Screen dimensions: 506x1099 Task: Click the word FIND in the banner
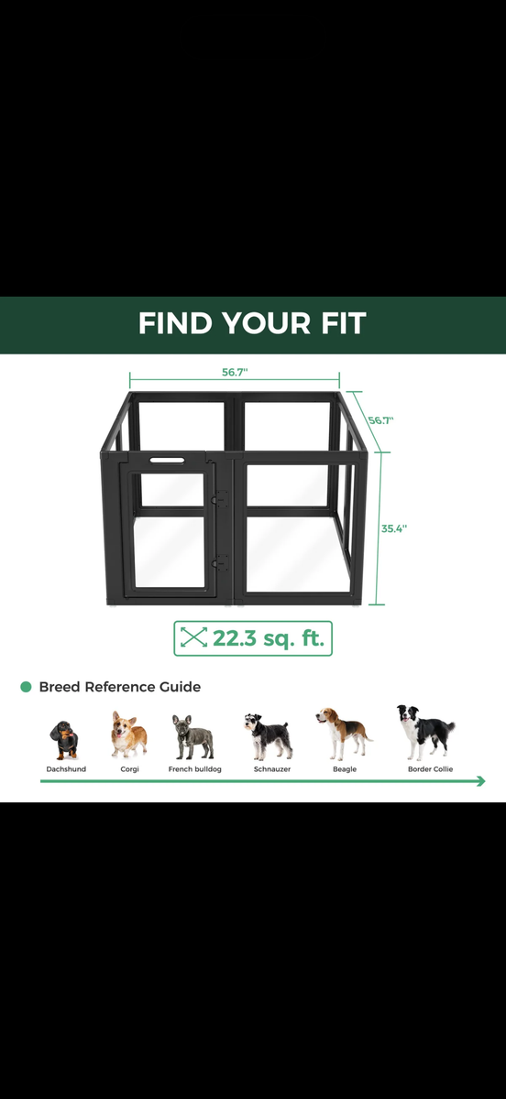[175, 322]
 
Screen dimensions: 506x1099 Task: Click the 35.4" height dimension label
[394, 528]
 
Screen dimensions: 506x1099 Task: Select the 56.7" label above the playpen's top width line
[235, 372]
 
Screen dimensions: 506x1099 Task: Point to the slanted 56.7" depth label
[381, 420]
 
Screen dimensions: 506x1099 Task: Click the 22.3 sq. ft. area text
[269, 638]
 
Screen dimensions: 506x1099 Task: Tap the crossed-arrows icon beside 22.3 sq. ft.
[193, 637]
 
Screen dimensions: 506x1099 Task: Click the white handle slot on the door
[167, 460]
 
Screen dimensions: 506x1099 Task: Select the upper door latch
[219, 497]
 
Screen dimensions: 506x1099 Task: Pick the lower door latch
[219, 562]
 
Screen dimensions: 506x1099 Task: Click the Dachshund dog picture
[64, 740]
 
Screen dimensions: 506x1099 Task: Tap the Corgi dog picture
[128, 734]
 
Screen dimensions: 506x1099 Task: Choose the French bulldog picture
[193, 737]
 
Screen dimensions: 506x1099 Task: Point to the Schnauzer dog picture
[269, 736]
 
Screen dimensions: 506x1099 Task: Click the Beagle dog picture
[344, 734]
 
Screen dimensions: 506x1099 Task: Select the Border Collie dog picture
[426, 732]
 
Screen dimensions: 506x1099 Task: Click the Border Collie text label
[430, 768]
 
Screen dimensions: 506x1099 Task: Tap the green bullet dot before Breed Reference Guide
[26, 687]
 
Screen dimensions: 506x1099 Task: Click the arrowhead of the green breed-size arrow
[481, 781]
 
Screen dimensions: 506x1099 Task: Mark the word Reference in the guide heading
[119, 687]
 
